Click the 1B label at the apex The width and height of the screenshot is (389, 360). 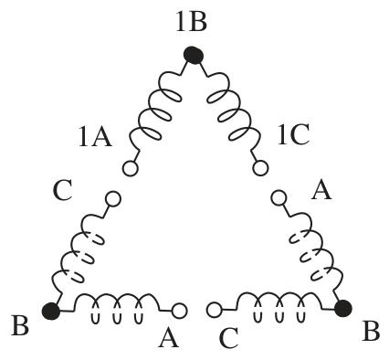coord(192,22)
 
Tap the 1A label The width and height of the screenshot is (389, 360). coord(95,137)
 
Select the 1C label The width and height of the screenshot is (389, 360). coord(293,134)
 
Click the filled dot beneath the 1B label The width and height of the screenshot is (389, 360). coord(194,56)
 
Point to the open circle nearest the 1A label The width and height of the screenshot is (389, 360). coord(131,168)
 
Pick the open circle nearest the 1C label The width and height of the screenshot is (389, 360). coord(260,168)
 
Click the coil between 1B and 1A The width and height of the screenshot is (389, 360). coord(155,111)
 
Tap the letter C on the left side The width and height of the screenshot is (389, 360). coord(62,190)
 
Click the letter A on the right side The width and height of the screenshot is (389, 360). coord(321,189)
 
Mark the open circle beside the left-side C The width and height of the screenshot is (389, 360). coord(113,198)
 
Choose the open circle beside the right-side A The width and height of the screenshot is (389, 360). coord(279,198)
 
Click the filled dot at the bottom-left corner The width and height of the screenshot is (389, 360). coord(51,311)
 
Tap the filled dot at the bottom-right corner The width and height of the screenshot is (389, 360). coord(343,308)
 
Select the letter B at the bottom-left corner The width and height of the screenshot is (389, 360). coord(20,325)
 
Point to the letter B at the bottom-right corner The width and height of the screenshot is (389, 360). coord(371,331)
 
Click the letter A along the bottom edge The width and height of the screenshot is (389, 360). coord(168,338)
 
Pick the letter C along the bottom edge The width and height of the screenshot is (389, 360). coord(228,338)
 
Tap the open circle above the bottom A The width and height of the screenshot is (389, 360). coord(179,311)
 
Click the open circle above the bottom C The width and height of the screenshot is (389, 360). coord(215,310)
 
